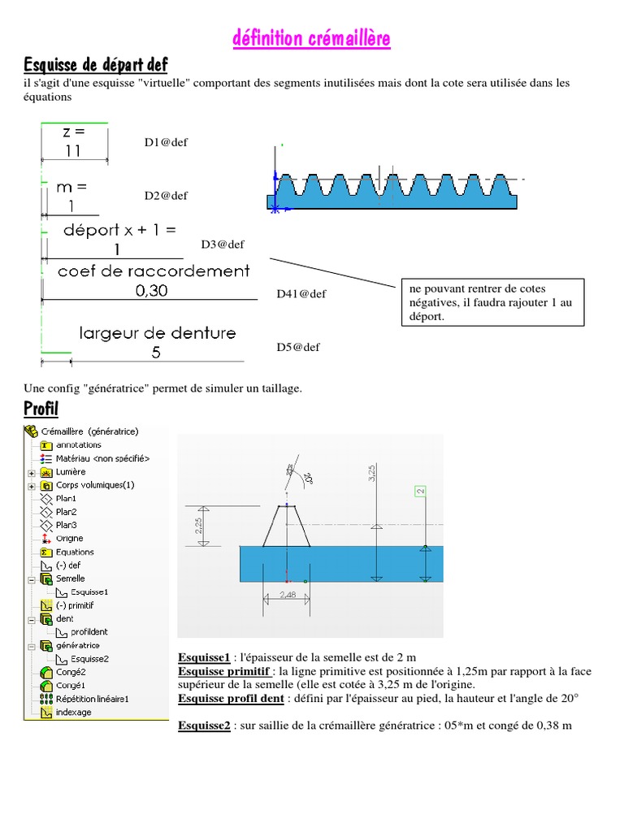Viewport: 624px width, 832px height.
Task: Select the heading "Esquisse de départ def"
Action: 96,64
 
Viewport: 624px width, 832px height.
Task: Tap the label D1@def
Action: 166,142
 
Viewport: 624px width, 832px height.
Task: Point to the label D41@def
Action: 301,294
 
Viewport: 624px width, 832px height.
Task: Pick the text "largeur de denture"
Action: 158,332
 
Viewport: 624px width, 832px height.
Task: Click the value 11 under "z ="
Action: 73,151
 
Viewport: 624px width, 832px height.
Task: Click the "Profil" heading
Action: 41,407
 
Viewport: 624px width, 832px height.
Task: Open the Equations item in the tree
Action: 75,552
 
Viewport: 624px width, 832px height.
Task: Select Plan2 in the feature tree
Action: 66,512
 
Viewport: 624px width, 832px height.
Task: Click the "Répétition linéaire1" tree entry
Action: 92,698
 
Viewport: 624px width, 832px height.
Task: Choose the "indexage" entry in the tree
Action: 73,712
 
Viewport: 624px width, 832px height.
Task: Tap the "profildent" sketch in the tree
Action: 89,631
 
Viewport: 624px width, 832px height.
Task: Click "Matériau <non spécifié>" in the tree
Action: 102,458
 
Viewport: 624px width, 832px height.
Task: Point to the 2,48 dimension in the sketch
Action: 286,596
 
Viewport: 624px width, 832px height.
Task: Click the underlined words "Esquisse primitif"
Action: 224,672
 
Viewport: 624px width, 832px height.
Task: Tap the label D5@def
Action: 298,347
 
